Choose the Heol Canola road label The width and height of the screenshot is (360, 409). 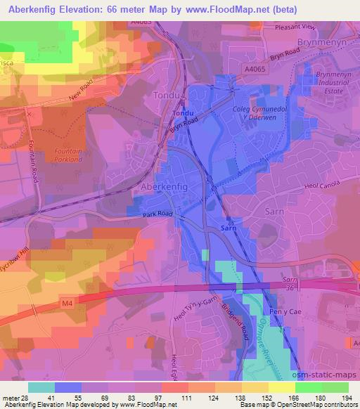(x=330, y=188)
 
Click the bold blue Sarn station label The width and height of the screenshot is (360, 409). (x=228, y=229)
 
